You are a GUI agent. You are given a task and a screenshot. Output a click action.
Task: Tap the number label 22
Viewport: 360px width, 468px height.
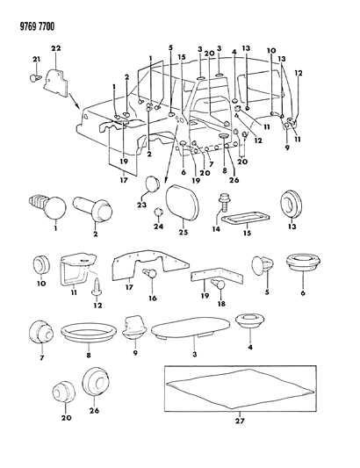pyautogui.click(x=54, y=47)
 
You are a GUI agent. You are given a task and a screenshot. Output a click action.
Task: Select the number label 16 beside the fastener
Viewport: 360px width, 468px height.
pyautogui.click(x=153, y=299)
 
